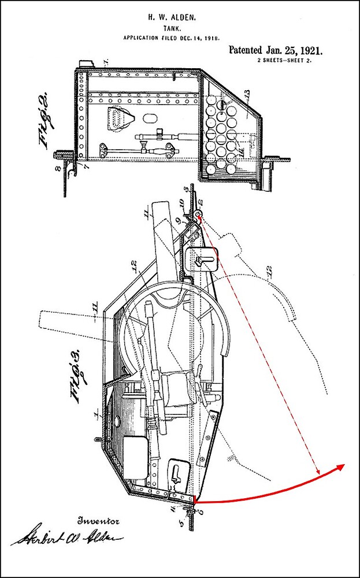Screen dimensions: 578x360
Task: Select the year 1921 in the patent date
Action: click(x=307, y=51)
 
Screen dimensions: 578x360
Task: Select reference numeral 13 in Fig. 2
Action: click(x=247, y=94)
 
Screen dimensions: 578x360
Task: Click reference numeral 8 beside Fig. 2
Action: click(x=57, y=169)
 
